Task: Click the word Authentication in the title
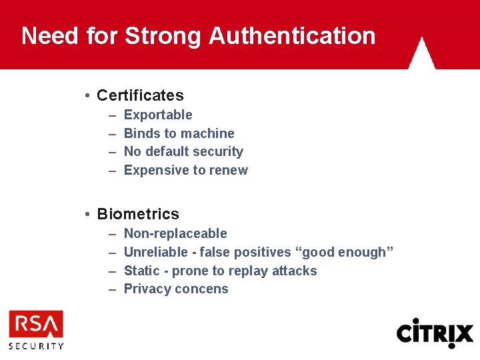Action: (x=292, y=35)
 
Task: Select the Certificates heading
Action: (x=140, y=95)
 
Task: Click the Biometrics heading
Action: (x=138, y=214)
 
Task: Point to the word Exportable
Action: (x=158, y=115)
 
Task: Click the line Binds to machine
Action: (x=179, y=133)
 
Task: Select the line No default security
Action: (x=183, y=151)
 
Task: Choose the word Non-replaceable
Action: (x=175, y=233)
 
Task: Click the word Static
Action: (x=141, y=271)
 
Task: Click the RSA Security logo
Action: (x=36, y=329)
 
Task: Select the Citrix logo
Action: (x=435, y=332)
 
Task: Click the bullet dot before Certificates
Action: (x=88, y=96)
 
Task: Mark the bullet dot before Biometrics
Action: (x=88, y=215)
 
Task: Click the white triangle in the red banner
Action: (x=421, y=55)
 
